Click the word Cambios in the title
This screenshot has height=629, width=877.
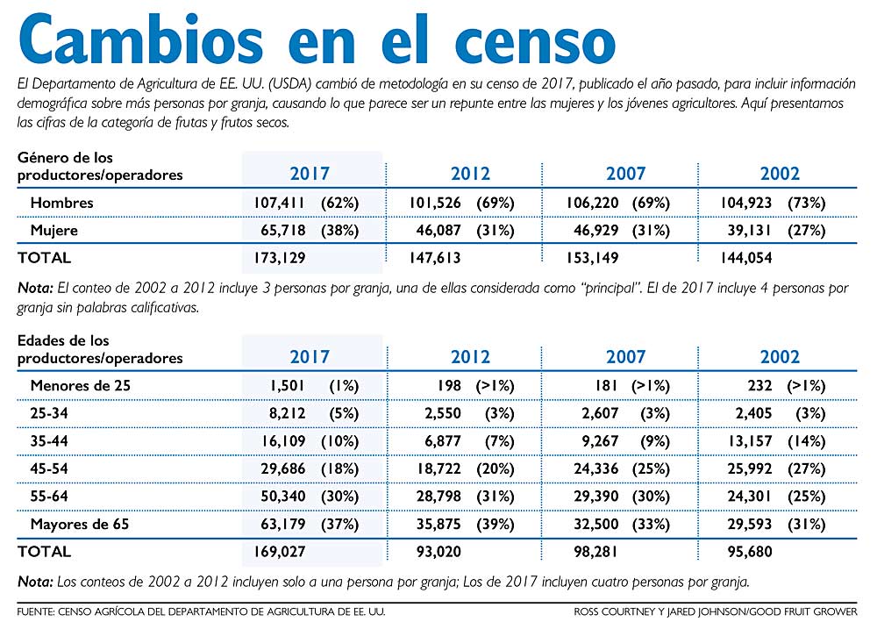(141, 39)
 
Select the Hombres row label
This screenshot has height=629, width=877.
(61, 203)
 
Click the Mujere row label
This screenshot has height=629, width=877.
(53, 230)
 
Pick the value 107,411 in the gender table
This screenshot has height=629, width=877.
(279, 203)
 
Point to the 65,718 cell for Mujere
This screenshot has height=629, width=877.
(283, 230)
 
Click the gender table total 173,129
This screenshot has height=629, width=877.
(279, 258)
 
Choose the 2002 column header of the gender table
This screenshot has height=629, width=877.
(780, 174)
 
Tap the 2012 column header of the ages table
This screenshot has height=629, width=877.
(470, 356)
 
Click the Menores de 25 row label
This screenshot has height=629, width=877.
(80, 386)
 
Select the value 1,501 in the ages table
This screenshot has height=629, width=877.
(288, 386)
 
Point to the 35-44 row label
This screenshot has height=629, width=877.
(48, 441)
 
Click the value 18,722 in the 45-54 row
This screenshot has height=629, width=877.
(438, 469)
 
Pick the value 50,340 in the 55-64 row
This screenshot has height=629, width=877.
(283, 497)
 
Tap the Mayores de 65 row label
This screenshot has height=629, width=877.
(80, 525)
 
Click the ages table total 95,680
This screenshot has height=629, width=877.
(750, 552)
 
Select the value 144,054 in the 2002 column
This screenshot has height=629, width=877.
(745, 258)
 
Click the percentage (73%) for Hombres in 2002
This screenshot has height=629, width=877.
(807, 203)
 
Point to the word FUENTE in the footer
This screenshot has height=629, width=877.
(35, 611)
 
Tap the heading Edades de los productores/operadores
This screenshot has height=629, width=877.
(100, 349)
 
